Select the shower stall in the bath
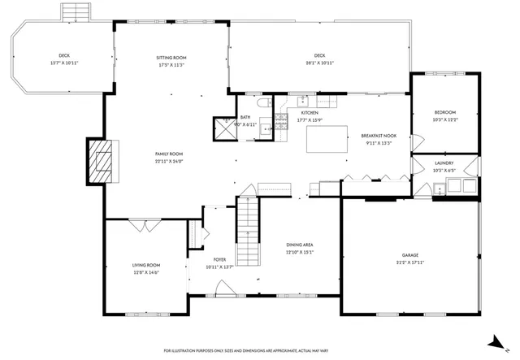pos(223,129)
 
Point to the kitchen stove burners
pos(282,123)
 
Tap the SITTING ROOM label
pos(171,58)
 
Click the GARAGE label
pos(409,254)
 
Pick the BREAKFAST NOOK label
pos(379,136)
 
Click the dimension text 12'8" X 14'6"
pos(146,272)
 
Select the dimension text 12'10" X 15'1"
pos(300,252)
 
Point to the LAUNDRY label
pos(444,163)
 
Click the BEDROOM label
pos(444,112)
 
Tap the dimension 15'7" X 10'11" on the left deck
pos(64,63)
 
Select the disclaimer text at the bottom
pos(260,350)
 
